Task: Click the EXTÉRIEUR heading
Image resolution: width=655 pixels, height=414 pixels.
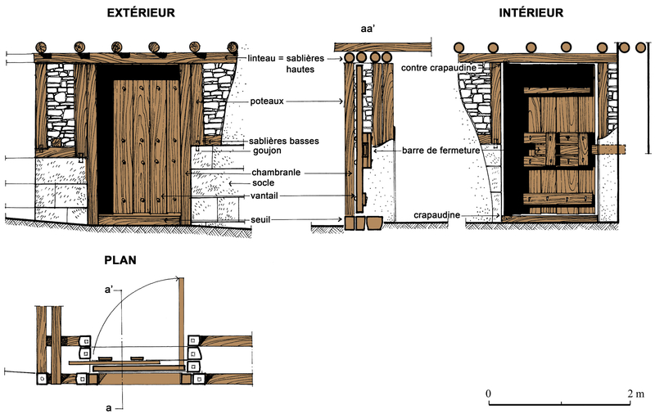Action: tap(141, 12)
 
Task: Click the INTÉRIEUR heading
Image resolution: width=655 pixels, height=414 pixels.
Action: tap(531, 12)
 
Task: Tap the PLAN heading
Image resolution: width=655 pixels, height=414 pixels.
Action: tap(120, 260)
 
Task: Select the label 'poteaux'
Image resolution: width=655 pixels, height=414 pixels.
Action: tap(267, 101)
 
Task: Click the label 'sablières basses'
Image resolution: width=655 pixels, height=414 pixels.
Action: tap(283, 141)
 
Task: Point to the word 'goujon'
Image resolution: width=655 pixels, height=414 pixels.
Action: tap(267, 151)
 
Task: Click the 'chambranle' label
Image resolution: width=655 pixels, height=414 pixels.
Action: tap(276, 173)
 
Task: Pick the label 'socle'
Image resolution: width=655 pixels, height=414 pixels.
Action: tap(263, 182)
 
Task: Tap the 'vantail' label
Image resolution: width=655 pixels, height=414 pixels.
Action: tap(264, 196)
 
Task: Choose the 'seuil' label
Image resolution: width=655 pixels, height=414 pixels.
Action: tap(260, 219)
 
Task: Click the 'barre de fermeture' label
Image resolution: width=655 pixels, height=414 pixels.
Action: tap(440, 151)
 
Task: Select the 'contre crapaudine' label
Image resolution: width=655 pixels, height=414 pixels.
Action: tap(439, 68)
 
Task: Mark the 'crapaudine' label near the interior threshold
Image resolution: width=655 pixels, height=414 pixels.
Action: tap(436, 215)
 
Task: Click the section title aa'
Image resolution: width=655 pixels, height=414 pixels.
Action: tap(368, 29)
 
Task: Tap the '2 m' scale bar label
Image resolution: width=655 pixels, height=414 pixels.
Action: tap(636, 394)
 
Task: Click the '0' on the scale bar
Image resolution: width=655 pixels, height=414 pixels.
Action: tap(488, 394)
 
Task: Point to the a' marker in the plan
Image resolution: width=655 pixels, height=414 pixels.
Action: tap(109, 289)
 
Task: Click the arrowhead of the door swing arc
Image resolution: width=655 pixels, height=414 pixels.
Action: tap(178, 278)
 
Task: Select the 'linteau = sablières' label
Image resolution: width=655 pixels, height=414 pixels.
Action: tap(286, 58)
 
